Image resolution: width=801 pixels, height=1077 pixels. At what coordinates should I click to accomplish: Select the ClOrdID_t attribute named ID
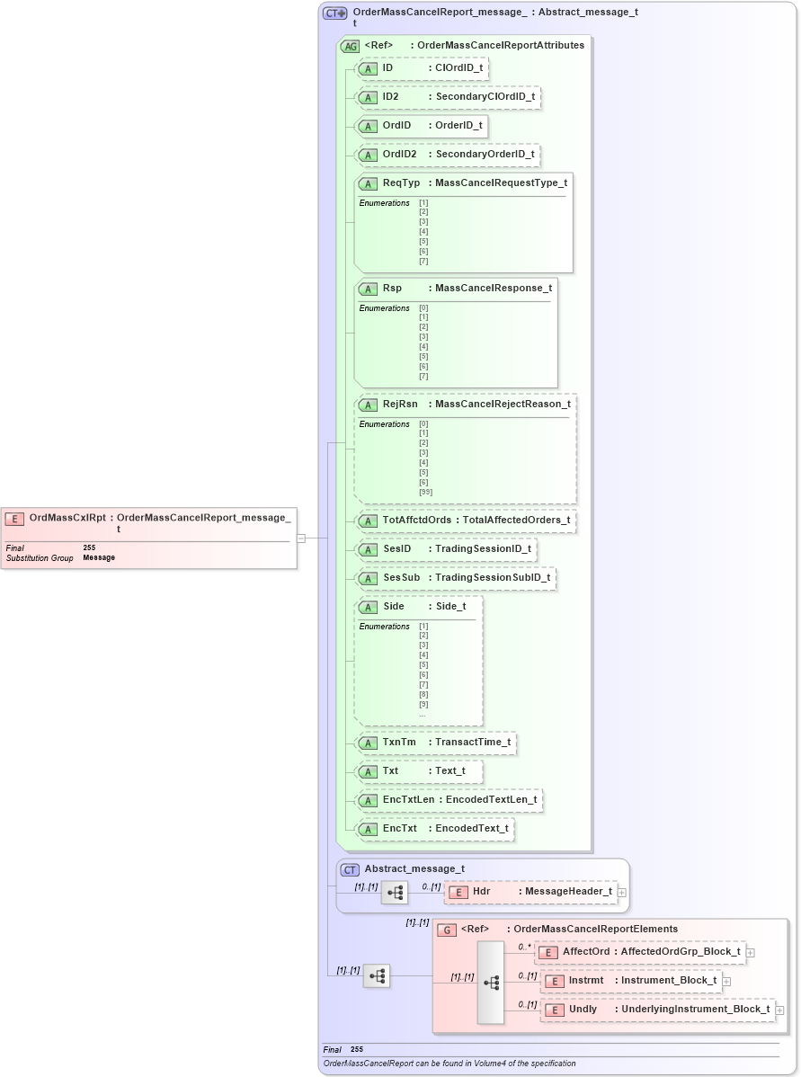[423, 68]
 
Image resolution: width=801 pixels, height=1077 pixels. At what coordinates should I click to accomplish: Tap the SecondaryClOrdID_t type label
[485, 97]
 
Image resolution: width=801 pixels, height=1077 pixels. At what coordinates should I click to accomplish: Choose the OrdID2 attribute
[448, 155]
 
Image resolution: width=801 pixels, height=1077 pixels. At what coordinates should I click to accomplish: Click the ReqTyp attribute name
[401, 183]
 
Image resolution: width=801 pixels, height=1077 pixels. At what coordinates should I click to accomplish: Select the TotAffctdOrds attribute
[466, 521]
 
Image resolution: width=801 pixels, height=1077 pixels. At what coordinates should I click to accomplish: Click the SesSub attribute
[456, 577]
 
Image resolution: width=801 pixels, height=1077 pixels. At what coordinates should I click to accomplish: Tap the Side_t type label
[450, 607]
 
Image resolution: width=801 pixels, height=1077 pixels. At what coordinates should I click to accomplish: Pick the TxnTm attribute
[436, 743]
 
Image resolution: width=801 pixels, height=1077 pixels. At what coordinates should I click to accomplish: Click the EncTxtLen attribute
[449, 799]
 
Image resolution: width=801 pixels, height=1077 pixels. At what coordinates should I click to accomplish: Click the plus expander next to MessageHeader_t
[622, 892]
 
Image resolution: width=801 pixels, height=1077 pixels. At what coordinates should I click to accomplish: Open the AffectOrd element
[640, 952]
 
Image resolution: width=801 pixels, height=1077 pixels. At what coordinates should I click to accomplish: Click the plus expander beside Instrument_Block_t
[726, 981]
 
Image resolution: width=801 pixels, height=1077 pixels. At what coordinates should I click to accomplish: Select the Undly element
[657, 1010]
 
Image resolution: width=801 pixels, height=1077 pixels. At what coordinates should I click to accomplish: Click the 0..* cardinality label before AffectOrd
[524, 947]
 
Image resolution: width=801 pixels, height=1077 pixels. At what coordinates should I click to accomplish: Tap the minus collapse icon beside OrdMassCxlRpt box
[302, 538]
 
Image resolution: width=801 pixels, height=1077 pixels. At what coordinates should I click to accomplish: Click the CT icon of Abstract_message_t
[351, 869]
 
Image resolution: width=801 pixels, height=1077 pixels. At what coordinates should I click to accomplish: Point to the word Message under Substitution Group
[99, 558]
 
